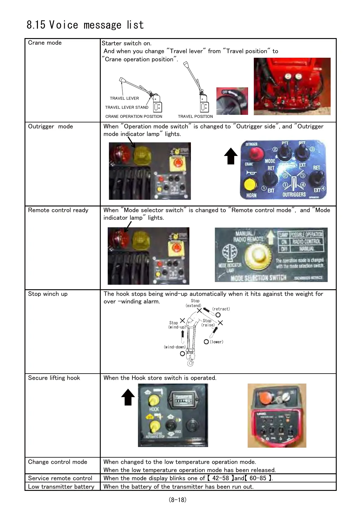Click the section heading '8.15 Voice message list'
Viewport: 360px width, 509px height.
[85, 25]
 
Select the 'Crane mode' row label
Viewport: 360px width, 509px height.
[45, 43]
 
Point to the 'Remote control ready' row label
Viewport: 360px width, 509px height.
[58, 210]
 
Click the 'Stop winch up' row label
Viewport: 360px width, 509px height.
[48, 294]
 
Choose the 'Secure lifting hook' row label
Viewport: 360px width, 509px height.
[54, 378]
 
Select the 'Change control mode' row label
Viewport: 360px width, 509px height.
[57, 462]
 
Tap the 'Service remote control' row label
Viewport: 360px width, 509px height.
[60, 478]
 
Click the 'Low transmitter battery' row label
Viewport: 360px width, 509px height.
[61, 487]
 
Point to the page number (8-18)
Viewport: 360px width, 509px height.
[178, 500]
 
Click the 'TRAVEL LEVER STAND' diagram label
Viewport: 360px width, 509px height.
[126, 107]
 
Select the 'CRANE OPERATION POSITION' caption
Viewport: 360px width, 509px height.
[134, 116]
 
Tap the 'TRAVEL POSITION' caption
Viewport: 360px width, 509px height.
[195, 116]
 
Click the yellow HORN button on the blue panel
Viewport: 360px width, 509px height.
[250, 184]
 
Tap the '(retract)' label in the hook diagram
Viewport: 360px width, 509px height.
[221, 309]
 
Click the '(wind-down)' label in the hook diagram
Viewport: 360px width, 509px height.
[175, 347]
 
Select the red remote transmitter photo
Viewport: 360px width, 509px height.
[277, 416]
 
